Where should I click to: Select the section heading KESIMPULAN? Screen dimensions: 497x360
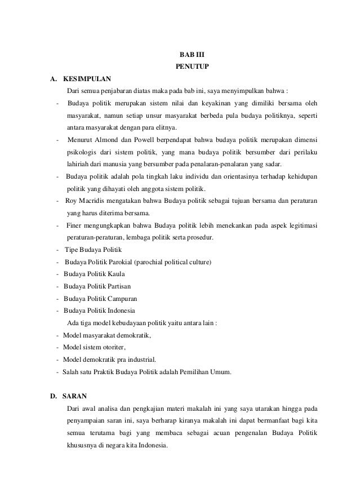(87, 78)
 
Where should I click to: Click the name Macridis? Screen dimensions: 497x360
(94, 201)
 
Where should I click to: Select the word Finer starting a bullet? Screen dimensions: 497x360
(75, 225)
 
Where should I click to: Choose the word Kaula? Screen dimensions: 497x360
(113, 274)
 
